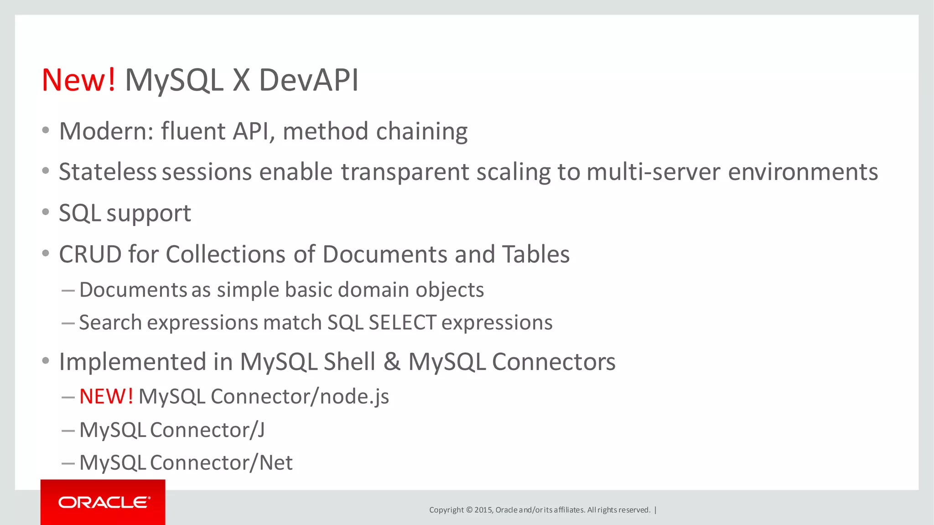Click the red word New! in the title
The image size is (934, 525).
tap(78, 80)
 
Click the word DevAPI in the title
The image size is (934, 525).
tap(309, 80)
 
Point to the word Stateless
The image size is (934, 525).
tap(108, 172)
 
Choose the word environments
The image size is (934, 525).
tap(803, 172)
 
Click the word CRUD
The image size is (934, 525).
tap(90, 254)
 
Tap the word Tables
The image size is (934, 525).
tap(536, 254)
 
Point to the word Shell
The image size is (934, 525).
tap(349, 362)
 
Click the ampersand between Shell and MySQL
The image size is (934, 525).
tap(392, 362)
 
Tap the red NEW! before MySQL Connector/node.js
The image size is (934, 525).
tap(106, 396)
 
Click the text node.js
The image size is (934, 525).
tap(354, 396)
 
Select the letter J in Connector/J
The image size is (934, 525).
tap(260, 430)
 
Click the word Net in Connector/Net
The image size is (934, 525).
tap(276, 463)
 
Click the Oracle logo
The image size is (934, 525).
tap(103, 502)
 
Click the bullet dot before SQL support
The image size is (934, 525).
tap(45, 212)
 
